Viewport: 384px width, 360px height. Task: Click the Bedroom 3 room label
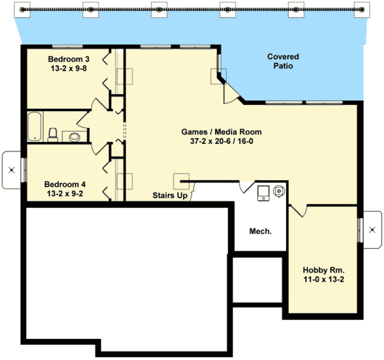tap(67, 58)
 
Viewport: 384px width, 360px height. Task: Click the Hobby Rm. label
tap(323, 270)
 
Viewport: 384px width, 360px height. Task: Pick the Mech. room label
tap(260, 231)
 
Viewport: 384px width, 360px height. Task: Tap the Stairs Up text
tap(169, 195)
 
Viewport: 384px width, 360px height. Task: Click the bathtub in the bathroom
tap(34, 126)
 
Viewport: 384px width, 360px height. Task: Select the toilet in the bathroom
tap(52, 134)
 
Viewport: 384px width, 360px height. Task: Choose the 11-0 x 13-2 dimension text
tap(323, 280)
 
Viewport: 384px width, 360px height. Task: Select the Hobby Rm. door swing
tap(299, 211)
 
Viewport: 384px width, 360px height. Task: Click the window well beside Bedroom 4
tap(12, 170)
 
